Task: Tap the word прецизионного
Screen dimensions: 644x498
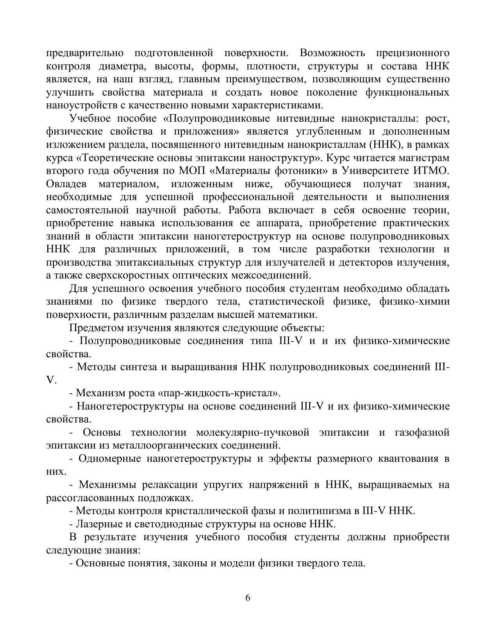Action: (x=413, y=53)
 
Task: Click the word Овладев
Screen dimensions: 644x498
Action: (x=66, y=184)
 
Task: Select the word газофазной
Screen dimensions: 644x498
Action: (x=422, y=432)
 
